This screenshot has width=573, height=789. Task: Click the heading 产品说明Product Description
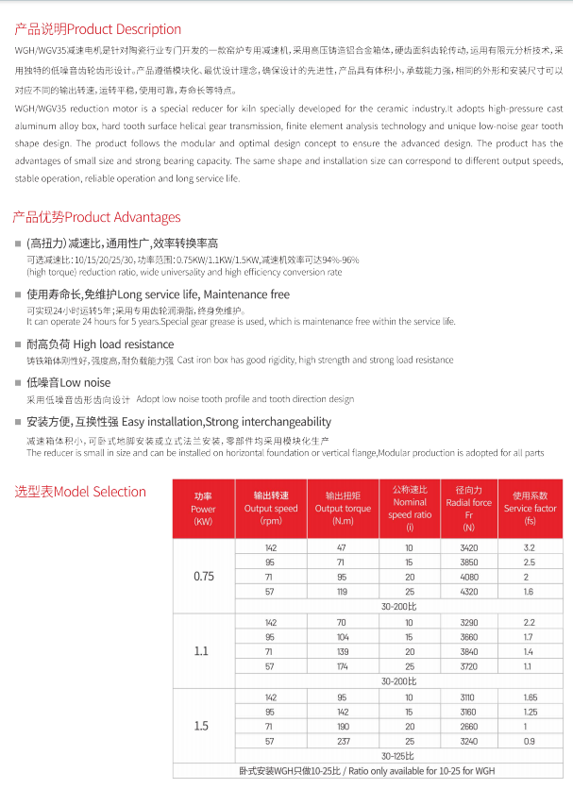tap(96, 29)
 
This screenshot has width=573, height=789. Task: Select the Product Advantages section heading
tap(96, 218)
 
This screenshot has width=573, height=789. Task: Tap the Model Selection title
tap(80, 492)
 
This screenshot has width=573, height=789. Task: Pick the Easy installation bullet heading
tap(179, 422)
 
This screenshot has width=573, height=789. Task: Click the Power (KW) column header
tap(203, 509)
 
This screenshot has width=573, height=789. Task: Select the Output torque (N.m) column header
tap(342, 509)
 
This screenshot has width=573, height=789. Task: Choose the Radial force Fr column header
tap(469, 509)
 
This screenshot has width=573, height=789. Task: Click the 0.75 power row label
tap(203, 576)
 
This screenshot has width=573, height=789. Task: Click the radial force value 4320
tap(469, 592)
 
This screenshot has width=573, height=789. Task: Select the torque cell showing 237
tap(342, 742)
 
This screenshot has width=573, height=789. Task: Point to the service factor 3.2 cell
tap(530, 547)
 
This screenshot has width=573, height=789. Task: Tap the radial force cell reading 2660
tap(469, 727)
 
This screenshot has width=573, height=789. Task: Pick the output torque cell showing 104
tap(342, 637)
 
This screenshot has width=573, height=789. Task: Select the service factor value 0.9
tap(530, 742)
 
